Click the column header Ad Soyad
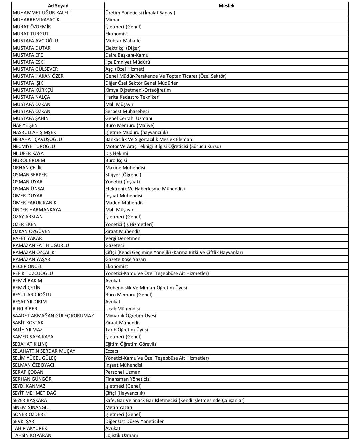(x=58, y=6)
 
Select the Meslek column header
(x=226, y=6)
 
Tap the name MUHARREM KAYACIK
(x=36, y=20)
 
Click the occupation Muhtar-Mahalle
(x=123, y=41)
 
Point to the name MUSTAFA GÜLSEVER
(x=35, y=69)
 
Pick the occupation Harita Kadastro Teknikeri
(x=132, y=97)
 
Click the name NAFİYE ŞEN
(x=25, y=125)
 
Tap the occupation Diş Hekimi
(x=117, y=153)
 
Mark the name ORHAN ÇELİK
(x=27, y=168)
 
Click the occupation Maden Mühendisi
(x=125, y=203)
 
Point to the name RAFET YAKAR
(x=27, y=238)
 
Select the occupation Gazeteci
(x=115, y=245)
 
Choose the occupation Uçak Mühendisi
(x=123, y=309)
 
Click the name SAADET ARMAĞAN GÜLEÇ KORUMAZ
(x=53, y=316)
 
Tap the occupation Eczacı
(x=112, y=351)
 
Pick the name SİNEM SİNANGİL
(x=31, y=407)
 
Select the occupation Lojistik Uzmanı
(x=122, y=435)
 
